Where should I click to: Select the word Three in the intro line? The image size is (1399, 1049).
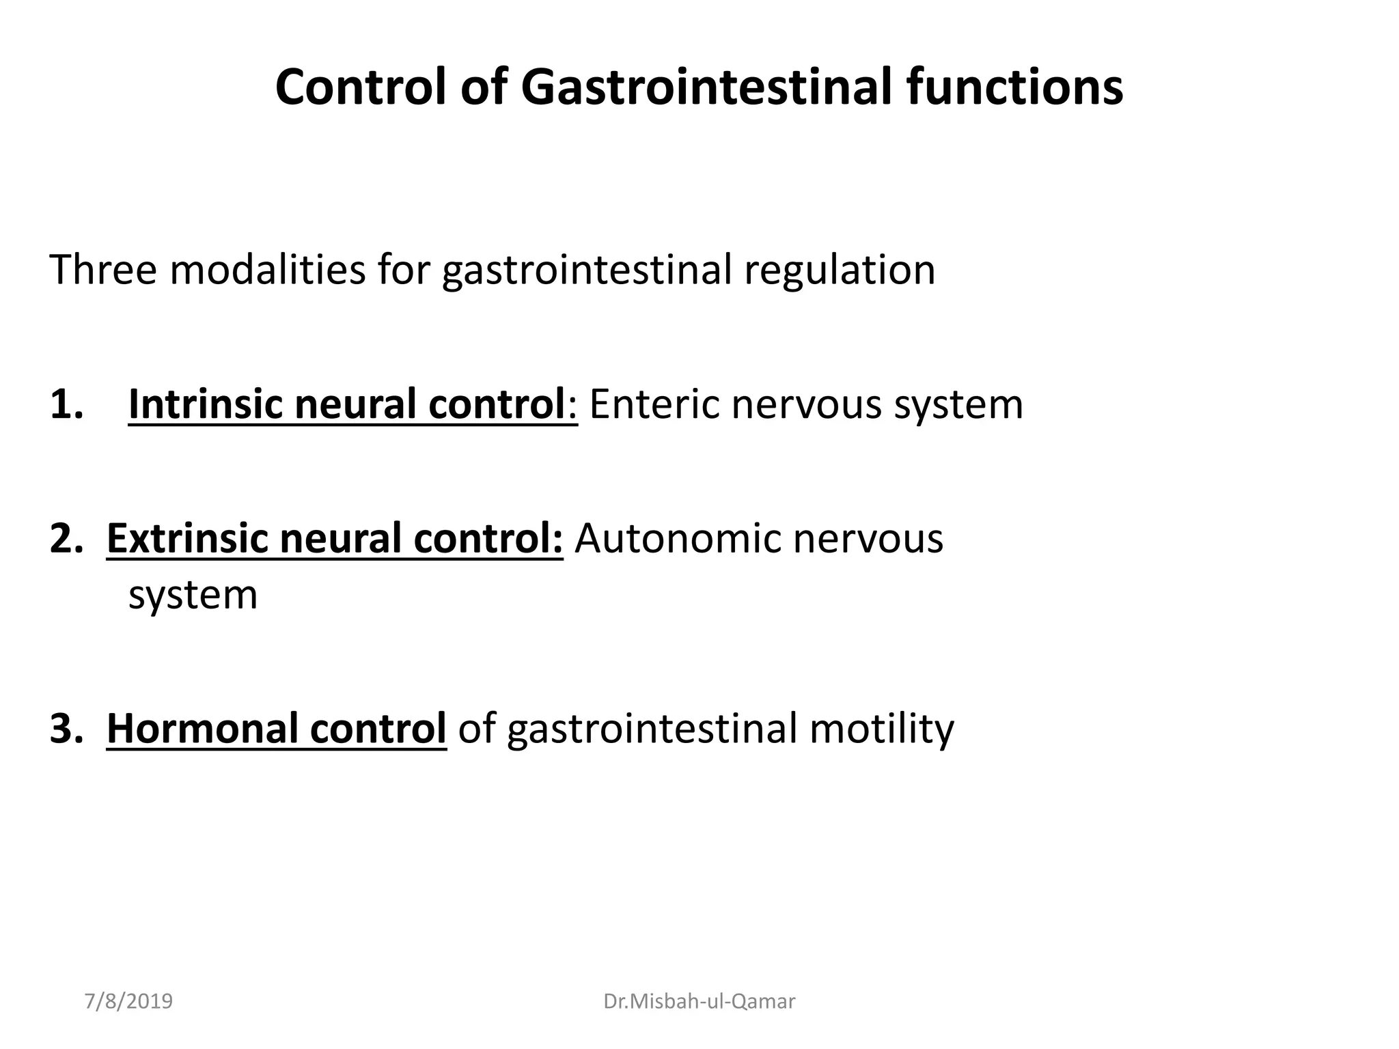(x=103, y=269)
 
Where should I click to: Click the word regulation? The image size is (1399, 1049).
(x=839, y=270)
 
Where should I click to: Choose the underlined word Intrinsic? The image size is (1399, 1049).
(x=204, y=404)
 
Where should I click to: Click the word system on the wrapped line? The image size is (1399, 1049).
(x=193, y=596)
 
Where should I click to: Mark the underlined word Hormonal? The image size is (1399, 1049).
(x=202, y=728)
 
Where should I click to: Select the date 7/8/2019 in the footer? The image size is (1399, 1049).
(x=128, y=1001)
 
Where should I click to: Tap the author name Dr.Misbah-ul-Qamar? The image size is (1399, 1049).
(x=699, y=1001)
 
